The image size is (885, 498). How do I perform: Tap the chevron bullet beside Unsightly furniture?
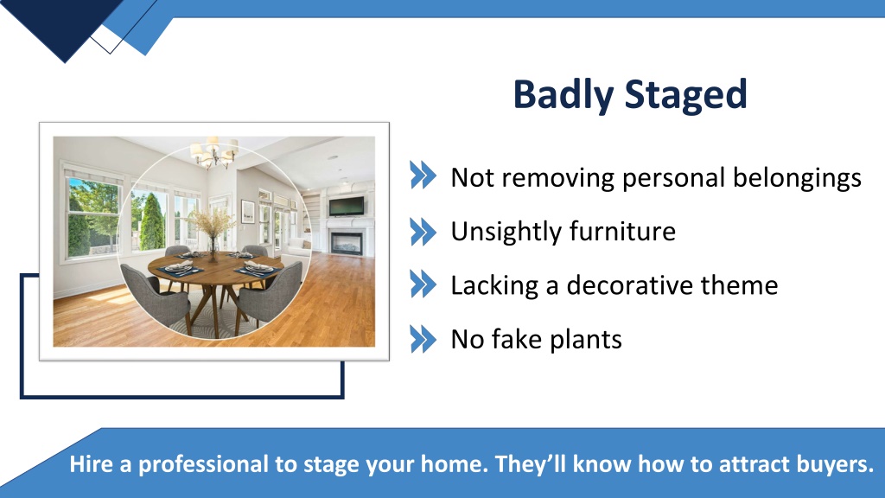423,232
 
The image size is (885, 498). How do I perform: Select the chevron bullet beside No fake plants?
423,339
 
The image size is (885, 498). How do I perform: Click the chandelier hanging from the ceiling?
213,154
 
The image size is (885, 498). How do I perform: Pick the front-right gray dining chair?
272,292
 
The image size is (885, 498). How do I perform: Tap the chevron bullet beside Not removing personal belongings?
423,178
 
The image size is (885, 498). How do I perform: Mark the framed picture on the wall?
248,211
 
